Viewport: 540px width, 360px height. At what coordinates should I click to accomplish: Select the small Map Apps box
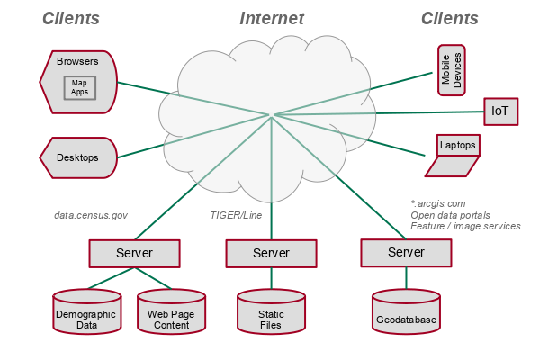(79, 88)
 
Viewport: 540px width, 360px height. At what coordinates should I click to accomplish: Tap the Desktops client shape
(79, 157)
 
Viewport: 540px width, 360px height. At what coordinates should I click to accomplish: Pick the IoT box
(500, 112)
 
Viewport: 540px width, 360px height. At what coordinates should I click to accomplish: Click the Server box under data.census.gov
(134, 253)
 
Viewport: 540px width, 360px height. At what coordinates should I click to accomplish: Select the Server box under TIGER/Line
(271, 254)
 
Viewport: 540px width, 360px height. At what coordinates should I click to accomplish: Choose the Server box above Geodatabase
(406, 252)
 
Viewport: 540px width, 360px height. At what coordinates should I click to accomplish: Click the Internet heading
(272, 18)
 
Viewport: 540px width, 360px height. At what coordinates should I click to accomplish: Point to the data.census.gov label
(91, 216)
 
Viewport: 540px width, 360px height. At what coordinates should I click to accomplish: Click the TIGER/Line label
(236, 216)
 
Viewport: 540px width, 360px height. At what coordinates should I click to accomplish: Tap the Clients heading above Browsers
(71, 18)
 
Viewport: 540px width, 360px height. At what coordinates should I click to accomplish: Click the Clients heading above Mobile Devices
(450, 18)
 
